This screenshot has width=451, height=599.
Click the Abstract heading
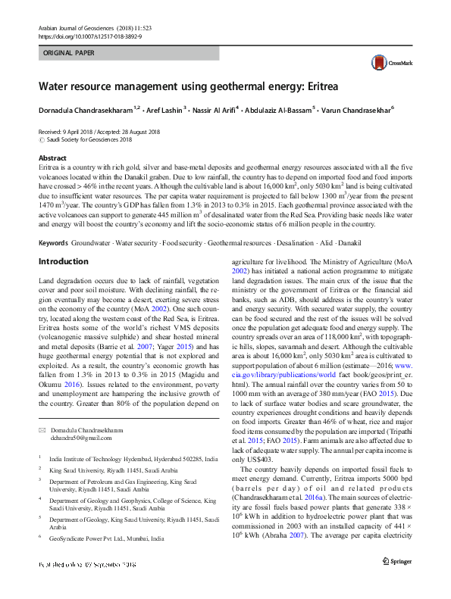[x=52, y=157]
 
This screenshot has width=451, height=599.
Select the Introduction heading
[x=63, y=261]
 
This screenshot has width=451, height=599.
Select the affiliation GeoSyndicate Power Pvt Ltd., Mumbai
[x=105, y=538]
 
